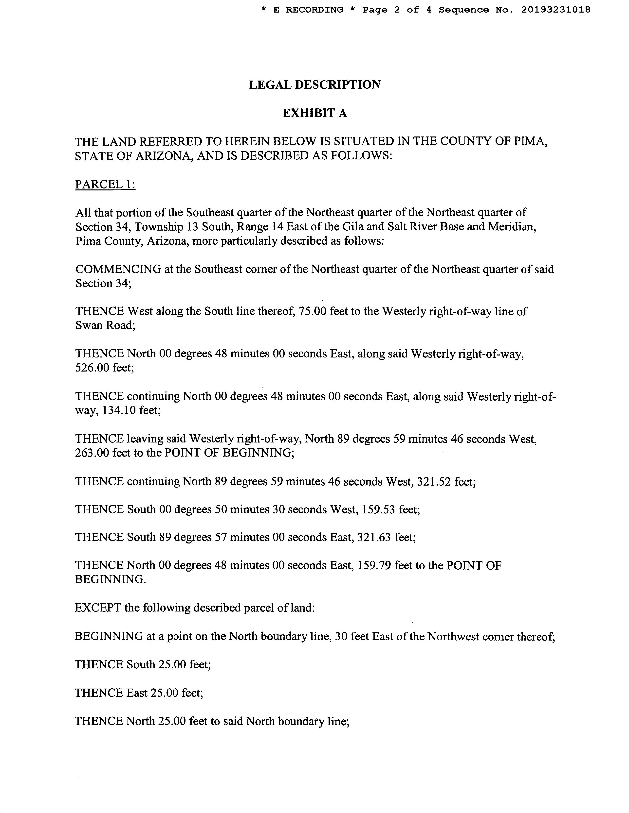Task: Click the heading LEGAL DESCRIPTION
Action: click(314, 85)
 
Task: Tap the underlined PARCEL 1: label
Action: click(105, 184)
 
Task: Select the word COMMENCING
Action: click(118, 269)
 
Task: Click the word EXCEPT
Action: click(98, 608)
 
